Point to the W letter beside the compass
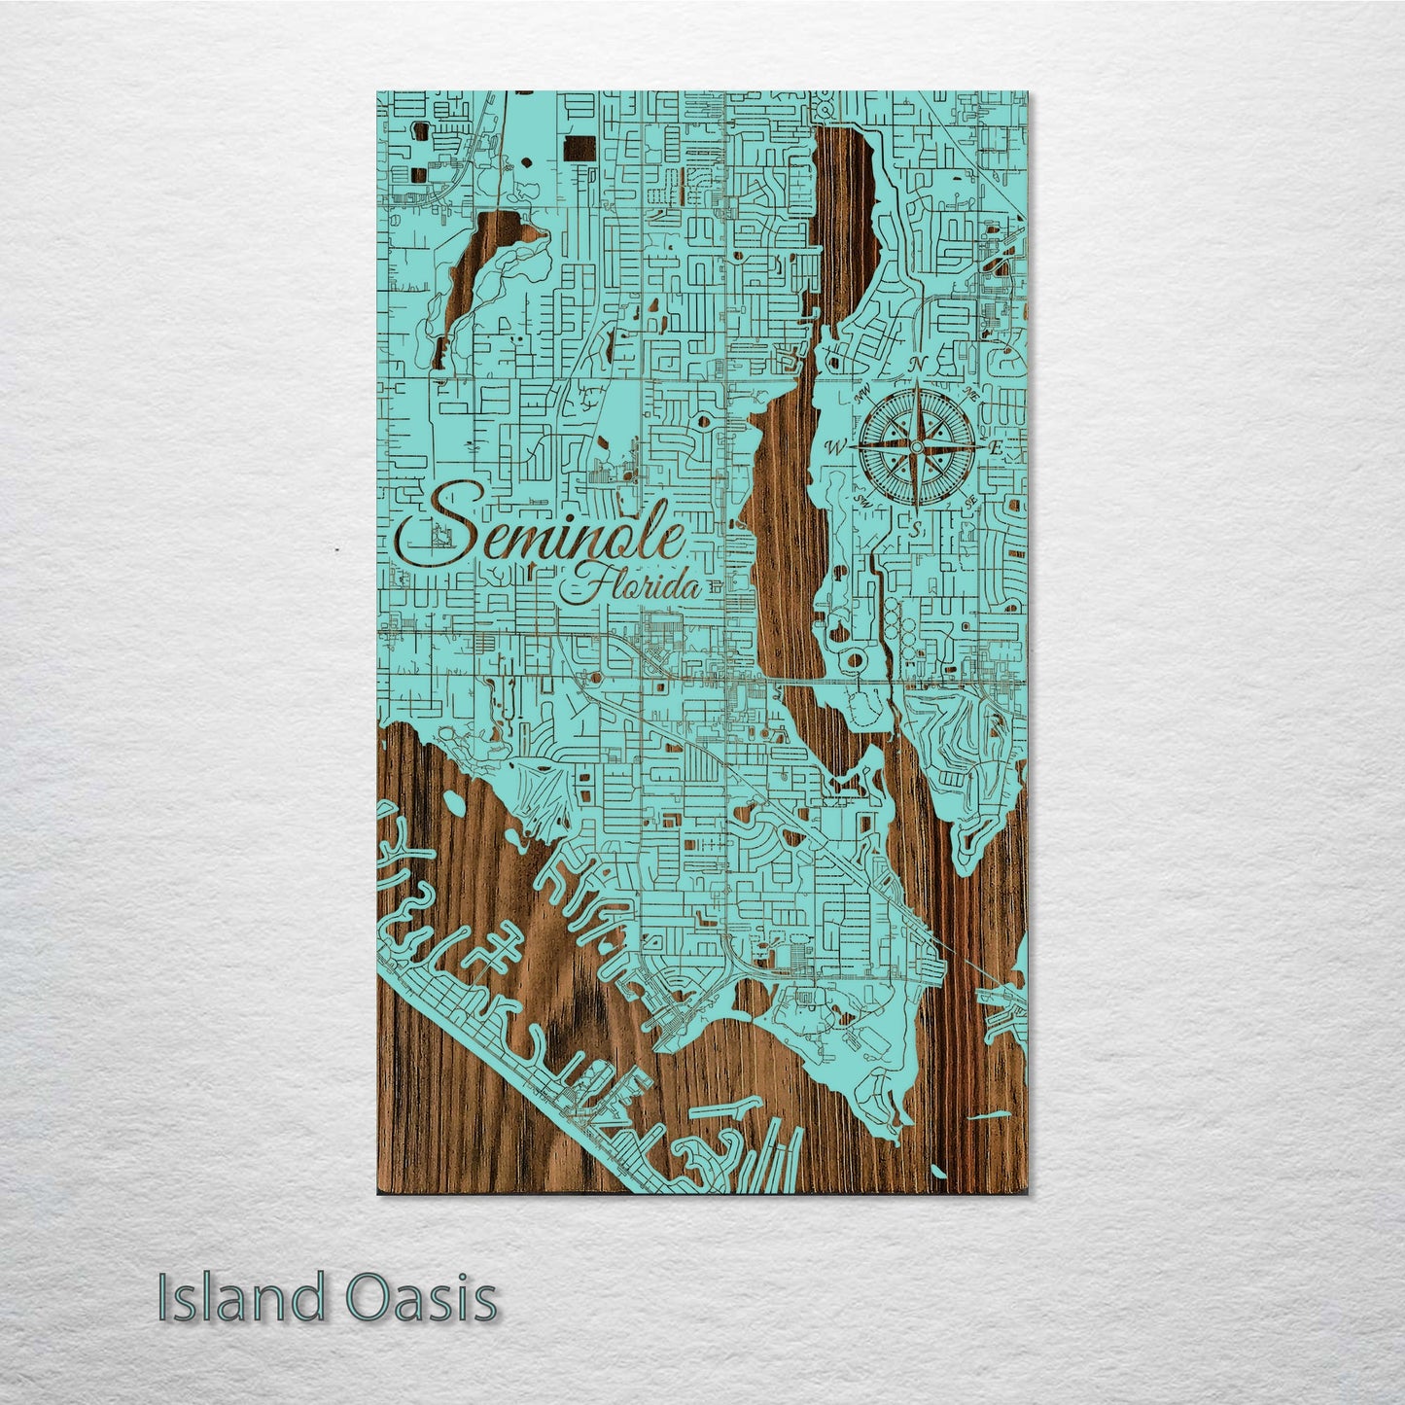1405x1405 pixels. point(833,447)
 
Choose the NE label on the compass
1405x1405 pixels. point(973,393)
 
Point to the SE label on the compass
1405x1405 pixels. point(971,500)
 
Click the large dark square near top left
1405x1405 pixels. point(580,150)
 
